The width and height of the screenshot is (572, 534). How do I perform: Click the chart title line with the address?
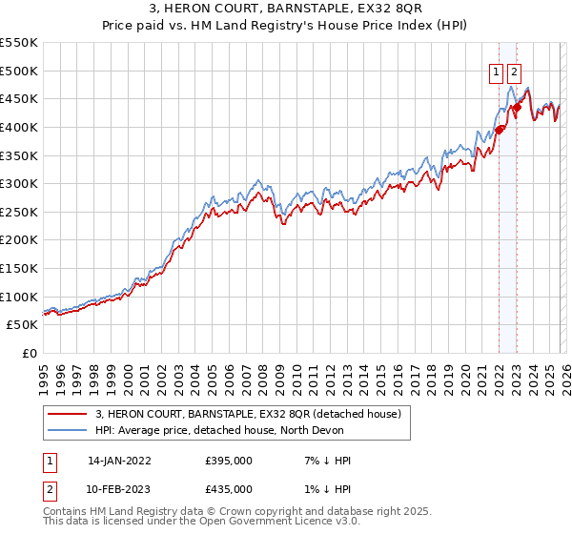(286, 9)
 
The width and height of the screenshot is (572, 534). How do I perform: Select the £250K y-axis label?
(19, 212)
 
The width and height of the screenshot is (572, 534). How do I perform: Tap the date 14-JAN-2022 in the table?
(119, 461)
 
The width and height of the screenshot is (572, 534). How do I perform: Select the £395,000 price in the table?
(228, 461)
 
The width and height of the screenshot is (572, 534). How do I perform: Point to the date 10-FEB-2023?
(119, 489)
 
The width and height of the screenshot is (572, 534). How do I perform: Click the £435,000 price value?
(228, 489)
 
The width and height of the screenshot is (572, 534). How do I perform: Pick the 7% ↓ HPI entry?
(326, 461)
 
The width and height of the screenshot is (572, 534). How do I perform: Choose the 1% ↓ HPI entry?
(326, 489)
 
